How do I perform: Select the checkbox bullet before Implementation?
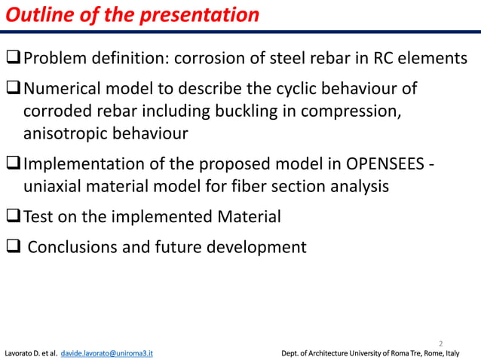14,165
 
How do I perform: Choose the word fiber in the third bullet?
237,186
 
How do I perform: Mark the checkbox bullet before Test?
14,218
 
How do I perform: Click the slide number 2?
441,340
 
